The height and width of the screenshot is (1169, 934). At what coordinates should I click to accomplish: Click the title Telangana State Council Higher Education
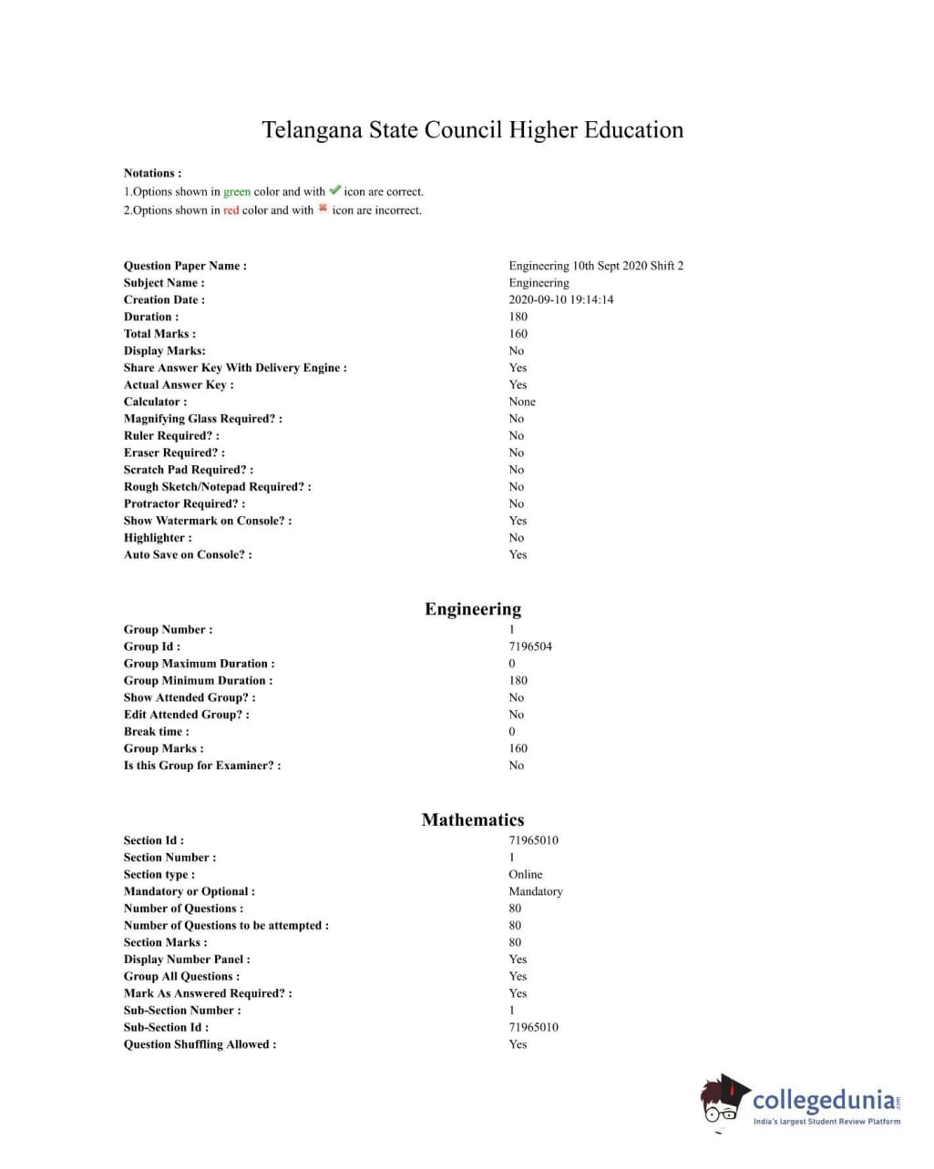pos(472,130)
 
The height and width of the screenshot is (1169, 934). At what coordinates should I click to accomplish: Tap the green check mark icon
pos(334,190)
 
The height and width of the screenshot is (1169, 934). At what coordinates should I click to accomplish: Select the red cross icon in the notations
pos(323,208)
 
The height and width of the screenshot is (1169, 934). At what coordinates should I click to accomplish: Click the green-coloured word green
pos(237,192)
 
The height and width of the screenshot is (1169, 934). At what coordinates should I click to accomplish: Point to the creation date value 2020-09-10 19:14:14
pos(560,300)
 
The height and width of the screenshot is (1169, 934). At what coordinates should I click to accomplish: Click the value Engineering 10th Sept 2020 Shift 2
pos(596,266)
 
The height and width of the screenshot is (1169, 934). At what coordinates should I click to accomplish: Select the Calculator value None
pos(522,402)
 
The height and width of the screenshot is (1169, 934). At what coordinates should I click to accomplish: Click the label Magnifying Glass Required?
pos(202,419)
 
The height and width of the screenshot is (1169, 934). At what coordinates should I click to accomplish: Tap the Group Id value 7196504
pos(530,646)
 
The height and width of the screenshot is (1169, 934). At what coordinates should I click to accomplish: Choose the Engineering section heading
pos(473,609)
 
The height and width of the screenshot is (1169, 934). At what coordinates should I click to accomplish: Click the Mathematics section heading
pos(473,819)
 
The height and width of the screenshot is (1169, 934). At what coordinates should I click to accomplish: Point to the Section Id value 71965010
pos(533,840)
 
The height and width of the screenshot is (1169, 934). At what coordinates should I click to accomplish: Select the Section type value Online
pos(525,874)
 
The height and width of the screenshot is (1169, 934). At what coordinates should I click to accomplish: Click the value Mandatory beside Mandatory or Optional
pos(536,891)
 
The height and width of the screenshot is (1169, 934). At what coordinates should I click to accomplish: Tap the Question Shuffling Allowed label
pos(200,1044)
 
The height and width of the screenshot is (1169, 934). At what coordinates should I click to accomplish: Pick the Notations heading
pos(152,173)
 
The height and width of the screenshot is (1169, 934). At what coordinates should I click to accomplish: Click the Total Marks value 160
pos(518,334)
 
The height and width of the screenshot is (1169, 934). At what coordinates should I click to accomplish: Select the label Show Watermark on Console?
pos(208,521)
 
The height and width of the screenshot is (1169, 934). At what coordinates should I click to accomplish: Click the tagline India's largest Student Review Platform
pos(826,1122)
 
